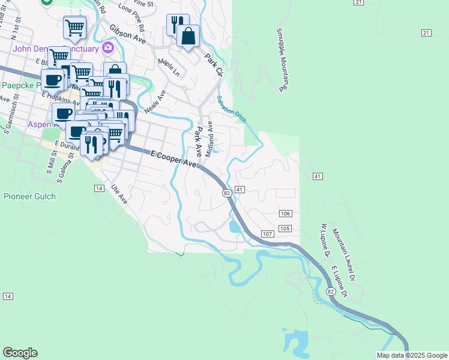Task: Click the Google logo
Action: point(20,353)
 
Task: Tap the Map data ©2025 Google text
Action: point(412,355)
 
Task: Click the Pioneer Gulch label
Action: point(29,196)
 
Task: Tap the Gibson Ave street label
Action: point(127,34)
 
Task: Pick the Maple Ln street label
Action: point(169,67)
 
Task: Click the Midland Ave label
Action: point(209,139)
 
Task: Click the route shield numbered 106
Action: point(286,214)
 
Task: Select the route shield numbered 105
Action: point(285,229)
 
